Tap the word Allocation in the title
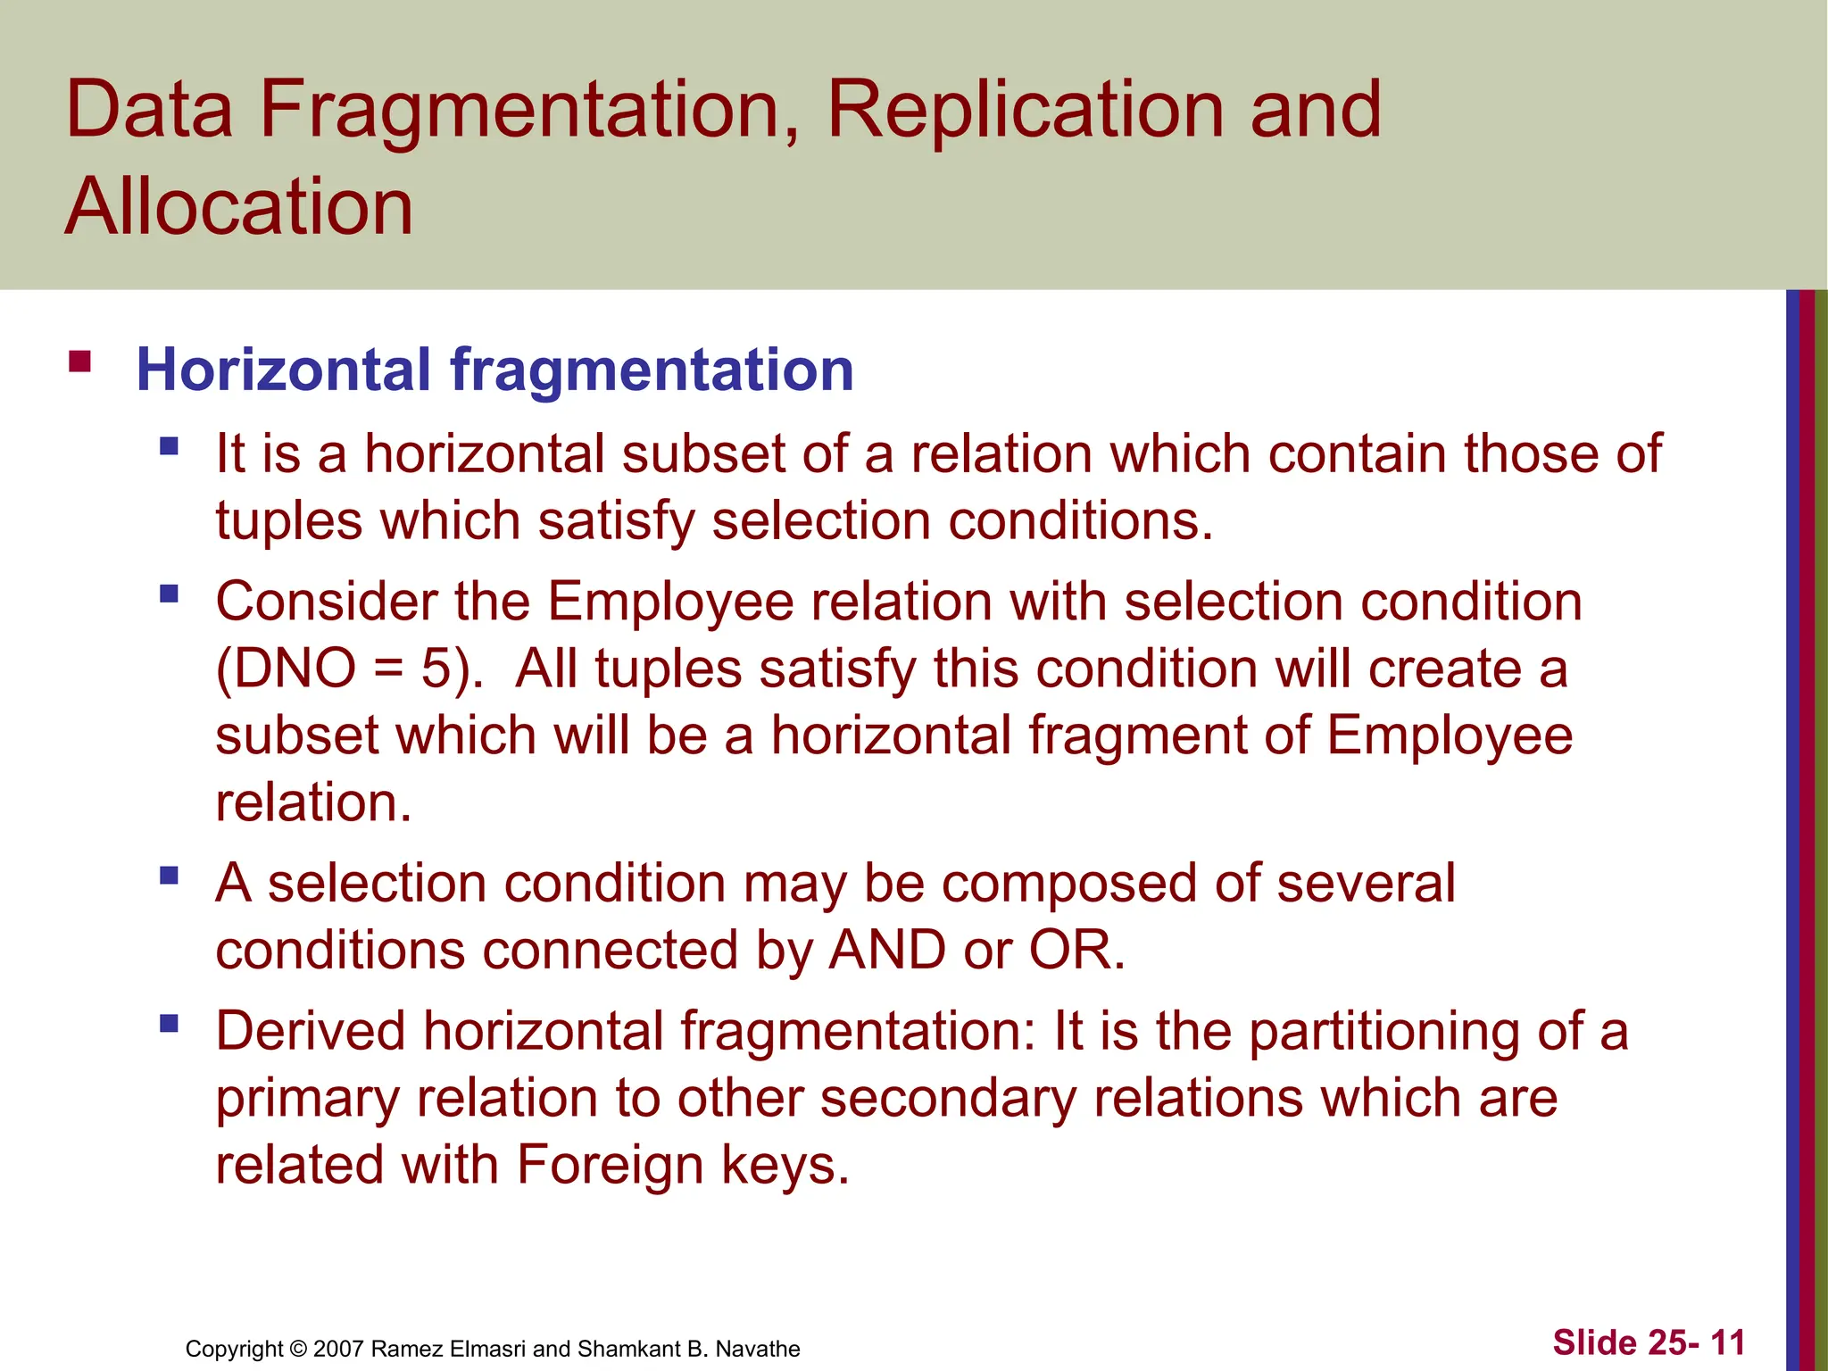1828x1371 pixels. point(239,207)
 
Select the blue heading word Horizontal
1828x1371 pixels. point(284,370)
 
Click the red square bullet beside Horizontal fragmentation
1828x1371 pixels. point(79,361)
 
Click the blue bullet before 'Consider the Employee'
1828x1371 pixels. point(169,594)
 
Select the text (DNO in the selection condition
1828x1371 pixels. point(286,669)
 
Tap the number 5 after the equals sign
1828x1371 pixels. point(437,669)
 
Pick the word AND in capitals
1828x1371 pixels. point(887,950)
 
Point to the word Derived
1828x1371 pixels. point(311,1031)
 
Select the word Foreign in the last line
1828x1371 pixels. point(610,1165)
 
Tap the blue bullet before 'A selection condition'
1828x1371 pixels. point(169,875)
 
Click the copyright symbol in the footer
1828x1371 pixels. point(298,1349)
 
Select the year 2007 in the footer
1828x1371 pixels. point(338,1349)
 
